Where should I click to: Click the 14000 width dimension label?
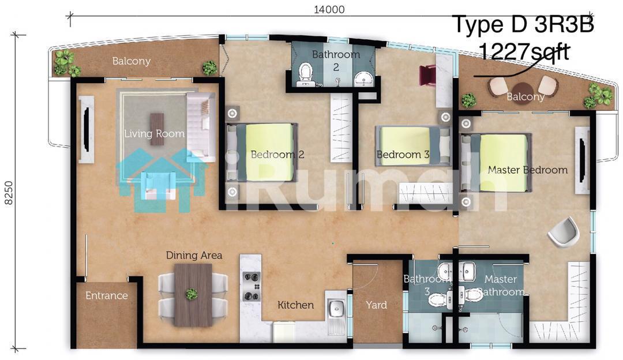(x=329, y=9)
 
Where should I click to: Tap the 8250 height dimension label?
(x=9, y=193)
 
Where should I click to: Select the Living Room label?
(x=154, y=133)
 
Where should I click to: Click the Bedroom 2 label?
(x=277, y=154)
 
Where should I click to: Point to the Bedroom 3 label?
(x=403, y=154)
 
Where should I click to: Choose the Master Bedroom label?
(x=528, y=170)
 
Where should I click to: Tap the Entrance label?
(x=107, y=295)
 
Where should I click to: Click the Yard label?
(x=376, y=305)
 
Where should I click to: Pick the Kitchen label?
(x=295, y=305)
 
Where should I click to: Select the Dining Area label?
(x=194, y=255)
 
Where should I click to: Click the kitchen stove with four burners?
(x=252, y=286)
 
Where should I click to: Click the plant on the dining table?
(x=192, y=294)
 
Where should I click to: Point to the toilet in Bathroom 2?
(x=306, y=74)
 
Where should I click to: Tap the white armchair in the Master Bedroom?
(x=564, y=232)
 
